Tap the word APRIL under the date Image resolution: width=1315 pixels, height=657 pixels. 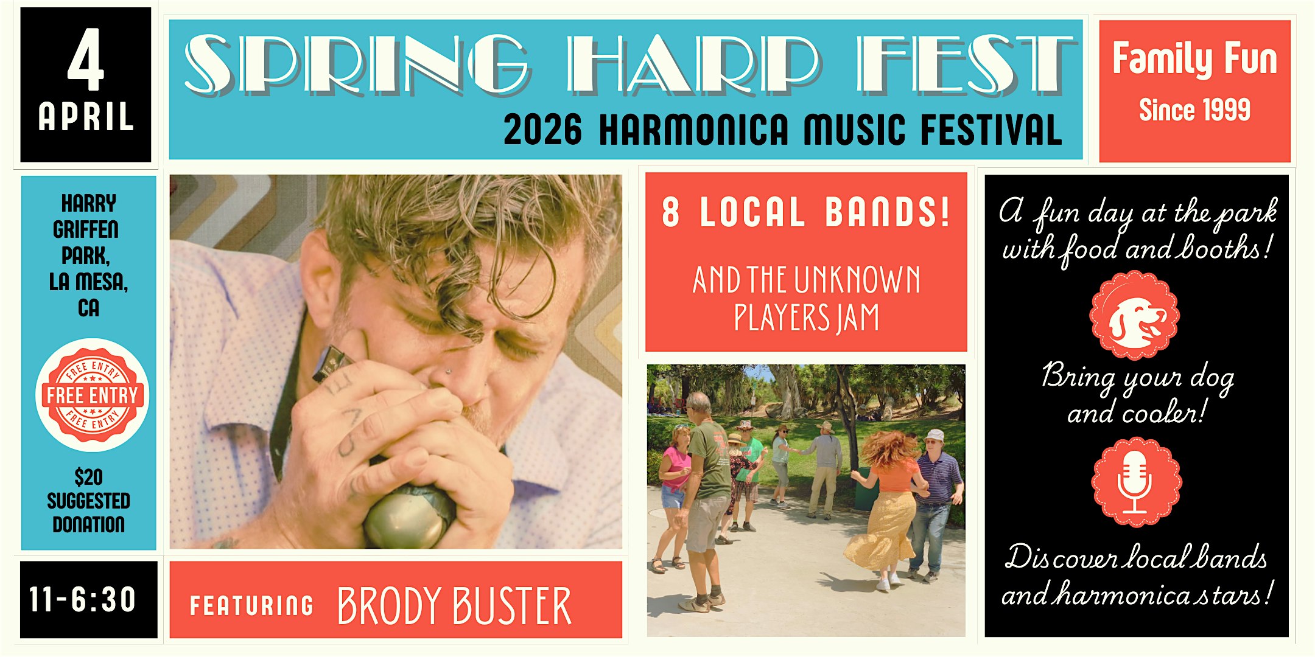pyautogui.click(x=86, y=116)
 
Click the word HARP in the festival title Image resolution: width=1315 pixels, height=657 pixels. pyautogui.click(x=694, y=65)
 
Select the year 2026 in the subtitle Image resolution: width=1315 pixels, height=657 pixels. pyautogui.click(x=542, y=130)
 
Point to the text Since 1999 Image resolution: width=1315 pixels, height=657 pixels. pyautogui.click(x=1194, y=110)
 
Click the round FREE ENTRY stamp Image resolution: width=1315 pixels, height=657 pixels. pyautogui.click(x=92, y=395)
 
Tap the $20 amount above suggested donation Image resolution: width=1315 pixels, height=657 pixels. pyautogui.click(x=89, y=476)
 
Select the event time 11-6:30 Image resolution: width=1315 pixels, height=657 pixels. pyautogui.click(x=83, y=599)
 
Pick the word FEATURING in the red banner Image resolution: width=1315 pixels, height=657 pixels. pyautogui.click(x=251, y=605)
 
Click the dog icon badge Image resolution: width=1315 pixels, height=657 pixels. pyautogui.click(x=1134, y=315)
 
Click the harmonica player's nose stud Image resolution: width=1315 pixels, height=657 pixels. pyautogui.click(x=449, y=370)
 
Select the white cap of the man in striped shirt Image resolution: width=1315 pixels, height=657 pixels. pyautogui.click(x=934, y=435)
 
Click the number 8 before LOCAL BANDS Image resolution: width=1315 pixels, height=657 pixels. pyautogui.click(x=670, y=212)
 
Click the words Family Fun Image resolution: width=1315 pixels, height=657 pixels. pyautogui.click(x=1194, y=59)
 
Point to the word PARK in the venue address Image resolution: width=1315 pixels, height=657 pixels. pyautogui.click(x=86, y=255)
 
